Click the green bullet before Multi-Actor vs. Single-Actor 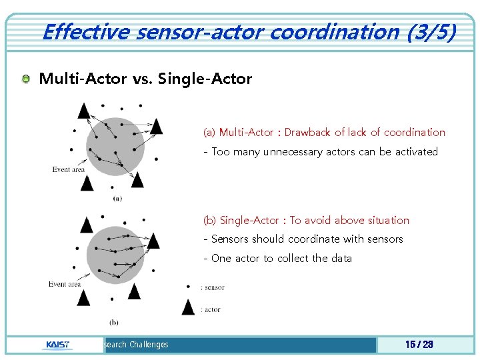26,79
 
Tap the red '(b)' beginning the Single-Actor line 210,220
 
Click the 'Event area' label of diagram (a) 69,169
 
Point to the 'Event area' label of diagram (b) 65,284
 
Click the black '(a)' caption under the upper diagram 117,198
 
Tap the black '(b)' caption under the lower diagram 114,322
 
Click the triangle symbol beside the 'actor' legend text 189,307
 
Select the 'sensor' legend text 214,287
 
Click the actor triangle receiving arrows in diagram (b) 153,241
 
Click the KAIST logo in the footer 56,345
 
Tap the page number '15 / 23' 419,344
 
